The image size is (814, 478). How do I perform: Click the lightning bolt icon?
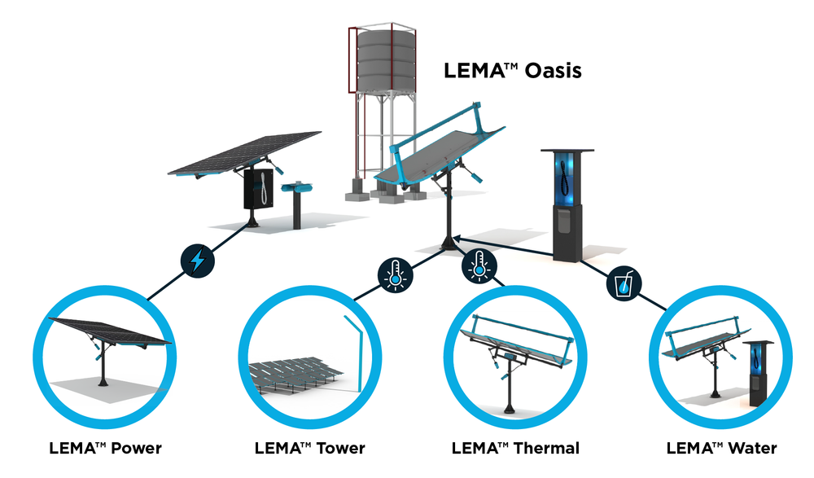click(196, 261)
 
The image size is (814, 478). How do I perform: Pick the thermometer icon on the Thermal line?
click(479, 266)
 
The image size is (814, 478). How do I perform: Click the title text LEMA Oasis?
click(512, 71)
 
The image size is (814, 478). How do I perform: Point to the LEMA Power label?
click(105, 448)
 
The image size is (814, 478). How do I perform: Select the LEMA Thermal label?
click(515, 448)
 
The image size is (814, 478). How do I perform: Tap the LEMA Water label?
click(721, 448)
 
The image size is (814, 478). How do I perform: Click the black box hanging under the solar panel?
click(260, 189)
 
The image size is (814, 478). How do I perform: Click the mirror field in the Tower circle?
click(293, 375)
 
